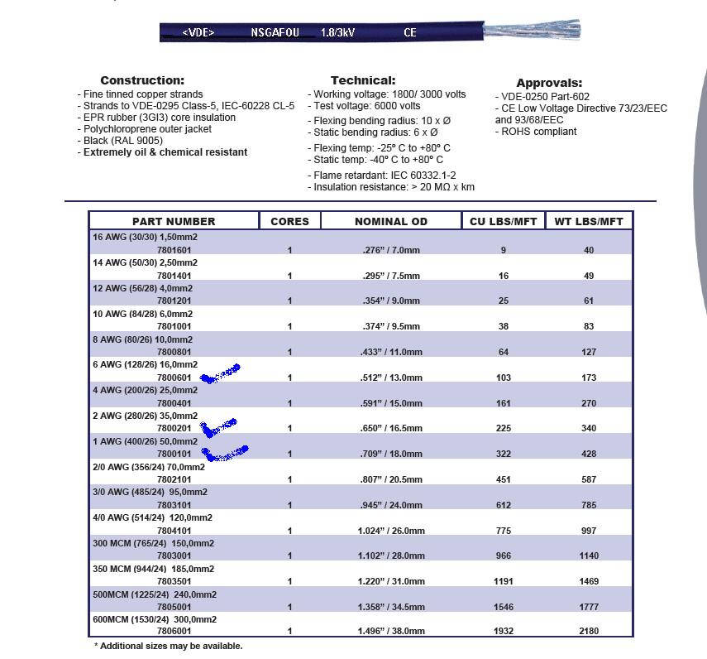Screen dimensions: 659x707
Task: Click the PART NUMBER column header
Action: pos(173,221)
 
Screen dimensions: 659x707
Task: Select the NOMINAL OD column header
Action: pos(391,221)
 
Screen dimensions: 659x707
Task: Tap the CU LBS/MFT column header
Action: pos(503,221)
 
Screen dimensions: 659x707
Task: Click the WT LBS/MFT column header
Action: pos(589,221)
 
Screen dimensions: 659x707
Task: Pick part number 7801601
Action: pos(174,250)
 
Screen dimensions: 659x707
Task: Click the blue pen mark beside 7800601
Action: pos(220,373)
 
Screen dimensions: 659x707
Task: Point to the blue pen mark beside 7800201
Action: pos(218,427)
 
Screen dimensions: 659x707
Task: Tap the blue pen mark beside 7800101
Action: pos(225,454)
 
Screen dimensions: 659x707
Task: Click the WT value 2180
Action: pos(589,632)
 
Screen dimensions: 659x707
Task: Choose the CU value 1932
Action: pos(503,632)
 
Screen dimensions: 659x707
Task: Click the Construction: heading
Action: pos(142,80)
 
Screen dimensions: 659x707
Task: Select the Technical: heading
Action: pos(363,80)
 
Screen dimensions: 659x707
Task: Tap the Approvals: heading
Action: pos(549,83)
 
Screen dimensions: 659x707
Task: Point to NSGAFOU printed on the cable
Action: pos(275,33)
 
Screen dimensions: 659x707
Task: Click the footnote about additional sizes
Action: pos(169,646)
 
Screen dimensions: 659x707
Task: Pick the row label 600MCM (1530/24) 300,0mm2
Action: pos(155,619)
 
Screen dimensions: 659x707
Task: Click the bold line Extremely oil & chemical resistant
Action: pos(165,152)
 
